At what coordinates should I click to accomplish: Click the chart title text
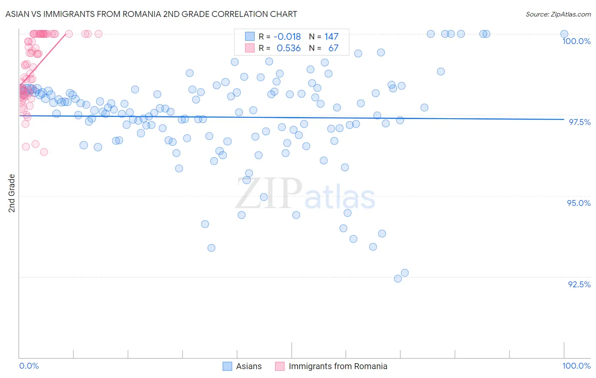(x=151, y=14)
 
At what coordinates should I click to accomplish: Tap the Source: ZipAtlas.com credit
(x=558, y=14)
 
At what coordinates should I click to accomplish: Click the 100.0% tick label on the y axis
(x=576, y=41)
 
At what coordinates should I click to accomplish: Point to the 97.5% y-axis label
(x=579, y=122)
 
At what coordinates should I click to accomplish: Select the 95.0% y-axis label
(x=579, y=203)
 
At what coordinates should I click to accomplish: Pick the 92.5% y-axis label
(x=579, y=284)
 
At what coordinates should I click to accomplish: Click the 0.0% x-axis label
(x=29, y=366)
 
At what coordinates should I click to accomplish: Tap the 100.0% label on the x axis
(x=576, y=366)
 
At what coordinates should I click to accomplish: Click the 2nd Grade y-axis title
(x=12, y=193)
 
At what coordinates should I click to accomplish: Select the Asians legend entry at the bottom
(x=248, y=366)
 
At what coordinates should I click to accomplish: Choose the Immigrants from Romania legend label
(x=338, y=366)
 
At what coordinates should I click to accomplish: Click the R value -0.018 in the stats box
(x=287, y=36)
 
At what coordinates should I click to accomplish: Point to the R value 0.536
(x=289, y=48)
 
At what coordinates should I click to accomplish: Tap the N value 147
(x=331, y=36)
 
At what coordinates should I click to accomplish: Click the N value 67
(x=333, y=48)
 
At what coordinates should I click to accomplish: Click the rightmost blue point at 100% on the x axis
(x=564, y=34)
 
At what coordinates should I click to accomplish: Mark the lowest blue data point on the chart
(x=398, y=278)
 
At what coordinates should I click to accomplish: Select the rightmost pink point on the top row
(x=98, y=34)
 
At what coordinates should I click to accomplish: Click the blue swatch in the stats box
(x=250, y=36)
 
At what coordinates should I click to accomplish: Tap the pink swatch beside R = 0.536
(x=250, y=48)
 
